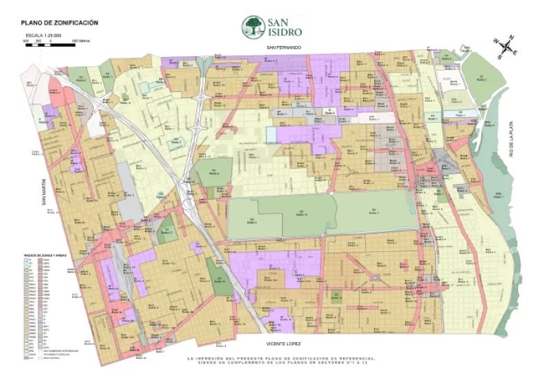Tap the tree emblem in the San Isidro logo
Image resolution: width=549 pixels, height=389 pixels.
tap(253, 27)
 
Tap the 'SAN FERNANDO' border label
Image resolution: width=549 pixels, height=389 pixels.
tap(285, 47)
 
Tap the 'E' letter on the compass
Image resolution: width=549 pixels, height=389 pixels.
tap(515, 52)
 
